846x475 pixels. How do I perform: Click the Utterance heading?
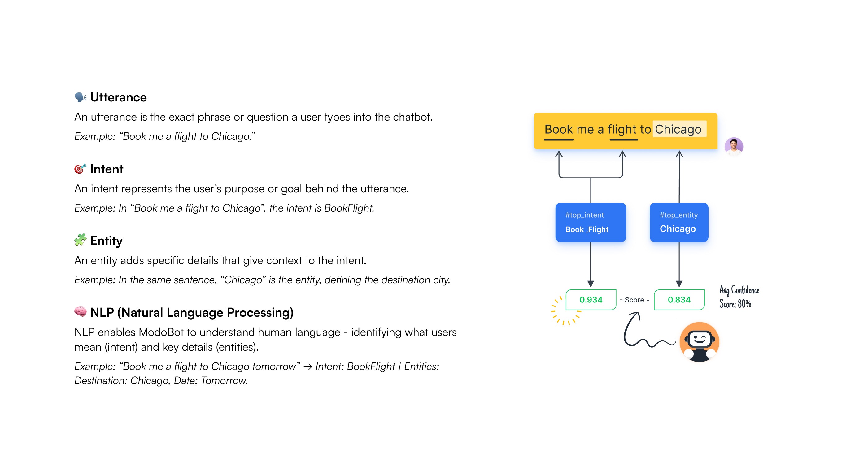[x=118, y=97]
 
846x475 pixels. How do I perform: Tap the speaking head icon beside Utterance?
[x=80, y=97]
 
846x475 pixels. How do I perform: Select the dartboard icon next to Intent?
[x=80, y=169]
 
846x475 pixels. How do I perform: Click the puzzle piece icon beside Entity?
[x=80, y=240]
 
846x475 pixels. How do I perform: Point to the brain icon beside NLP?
[x=80, y=312]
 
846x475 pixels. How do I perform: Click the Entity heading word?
[x=106, y=241]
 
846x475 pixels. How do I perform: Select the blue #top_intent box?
[x=591, y=222]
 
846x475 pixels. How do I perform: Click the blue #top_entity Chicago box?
[x=679, y=222]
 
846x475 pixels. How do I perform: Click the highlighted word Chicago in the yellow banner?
[x=678, y=129]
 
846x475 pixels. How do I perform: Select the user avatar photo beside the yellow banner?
[x=734, y=146]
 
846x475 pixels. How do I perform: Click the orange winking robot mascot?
[x=699, y=342]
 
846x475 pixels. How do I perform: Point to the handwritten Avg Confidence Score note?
[x=739, y=297]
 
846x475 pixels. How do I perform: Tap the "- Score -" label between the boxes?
[x=634, y=300]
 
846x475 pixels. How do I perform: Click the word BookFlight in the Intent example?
[x=349, y=208]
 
